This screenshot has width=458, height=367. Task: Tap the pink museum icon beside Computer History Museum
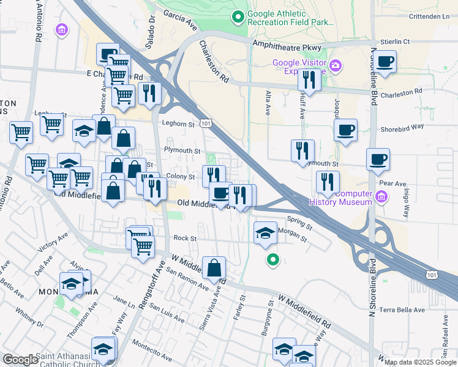(381, 196)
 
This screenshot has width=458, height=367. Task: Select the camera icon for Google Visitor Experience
(335, 65)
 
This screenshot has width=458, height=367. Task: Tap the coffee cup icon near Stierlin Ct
(385, 62)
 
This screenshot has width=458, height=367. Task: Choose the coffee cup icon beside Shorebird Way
(346, 130)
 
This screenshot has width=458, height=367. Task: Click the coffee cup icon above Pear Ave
(378, 160)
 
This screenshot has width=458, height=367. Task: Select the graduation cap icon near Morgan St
(265, 233)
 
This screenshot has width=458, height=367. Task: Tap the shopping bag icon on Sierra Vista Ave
(214, 268)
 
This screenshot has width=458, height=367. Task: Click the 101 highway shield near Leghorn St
(206, 124)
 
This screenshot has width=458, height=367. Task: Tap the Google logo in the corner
(20, 360)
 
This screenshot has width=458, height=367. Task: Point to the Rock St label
(184, 238)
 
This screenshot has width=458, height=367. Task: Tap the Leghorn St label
(178, 123)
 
